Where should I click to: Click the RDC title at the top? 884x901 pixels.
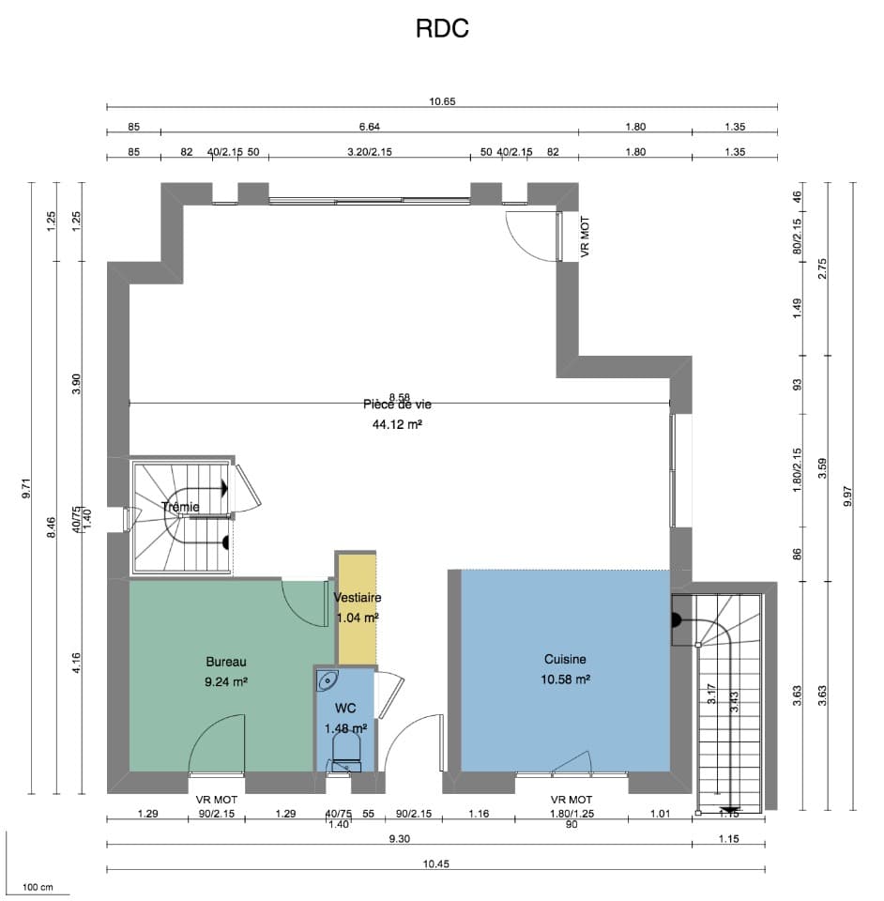click(x=442, y=29)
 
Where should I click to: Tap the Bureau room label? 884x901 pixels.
click(x=225, y=661)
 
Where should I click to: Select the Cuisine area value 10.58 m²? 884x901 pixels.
click(x=565, y=679)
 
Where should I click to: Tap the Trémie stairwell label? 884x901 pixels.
click(x=180, y=508)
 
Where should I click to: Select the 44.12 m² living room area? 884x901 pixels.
click(x=397, y=424)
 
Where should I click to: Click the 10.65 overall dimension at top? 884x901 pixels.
click(x=442, y=101)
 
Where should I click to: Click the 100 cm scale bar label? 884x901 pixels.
click(x=38, y=886)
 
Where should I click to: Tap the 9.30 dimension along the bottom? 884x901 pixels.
click(x=400, y=838)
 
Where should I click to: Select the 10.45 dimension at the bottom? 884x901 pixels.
click(x=435, y=863)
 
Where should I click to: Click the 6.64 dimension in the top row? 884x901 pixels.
click(x=370, y=127)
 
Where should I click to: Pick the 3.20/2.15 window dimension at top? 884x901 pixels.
click(x=370, y=151)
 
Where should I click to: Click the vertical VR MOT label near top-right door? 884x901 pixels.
click(x=586, y=237)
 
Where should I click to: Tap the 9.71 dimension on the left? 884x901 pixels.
click(x=27, y=488)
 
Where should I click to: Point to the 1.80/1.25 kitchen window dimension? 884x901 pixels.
click(x=571, y=813)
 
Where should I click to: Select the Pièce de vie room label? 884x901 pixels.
click(x=397, y=405)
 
